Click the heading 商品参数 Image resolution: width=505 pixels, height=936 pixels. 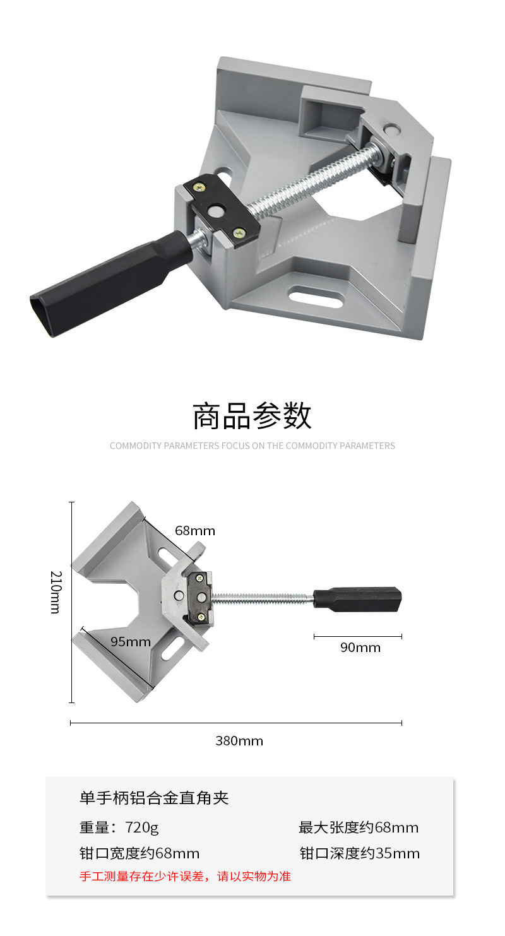252,417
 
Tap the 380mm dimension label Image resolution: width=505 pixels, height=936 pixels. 239,741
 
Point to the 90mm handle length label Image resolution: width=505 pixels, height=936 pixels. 360,648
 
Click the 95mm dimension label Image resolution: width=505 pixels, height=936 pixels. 131,642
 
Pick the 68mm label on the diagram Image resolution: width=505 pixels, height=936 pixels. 195,531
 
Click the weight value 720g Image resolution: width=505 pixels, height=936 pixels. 141,827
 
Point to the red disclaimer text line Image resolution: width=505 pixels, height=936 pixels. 185,876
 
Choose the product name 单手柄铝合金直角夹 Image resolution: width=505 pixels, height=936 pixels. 154,798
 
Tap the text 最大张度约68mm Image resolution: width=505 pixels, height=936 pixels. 359,827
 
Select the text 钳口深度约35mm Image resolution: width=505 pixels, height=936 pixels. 359,854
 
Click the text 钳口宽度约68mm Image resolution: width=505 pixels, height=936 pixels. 140,854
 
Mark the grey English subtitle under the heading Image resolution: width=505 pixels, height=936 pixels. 252,446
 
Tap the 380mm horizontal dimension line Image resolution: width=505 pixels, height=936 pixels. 236,723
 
